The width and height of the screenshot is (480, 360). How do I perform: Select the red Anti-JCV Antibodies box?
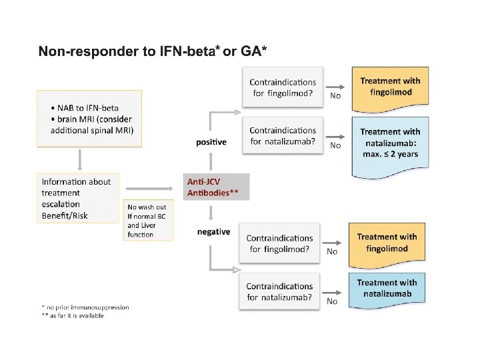(x=216, y=187)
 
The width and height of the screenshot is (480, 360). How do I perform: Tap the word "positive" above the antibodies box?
(x=211, y=142)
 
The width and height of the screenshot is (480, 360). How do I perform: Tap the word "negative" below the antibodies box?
(x=213, y=232)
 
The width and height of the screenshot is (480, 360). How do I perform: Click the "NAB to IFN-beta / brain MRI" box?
(x=88, y=119)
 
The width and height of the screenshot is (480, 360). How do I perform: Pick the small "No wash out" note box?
(x=148, y=219)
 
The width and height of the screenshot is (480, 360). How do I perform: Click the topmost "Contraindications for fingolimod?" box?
(x=283, y=88)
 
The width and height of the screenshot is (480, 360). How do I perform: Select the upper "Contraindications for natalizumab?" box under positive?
(x=283, y=135)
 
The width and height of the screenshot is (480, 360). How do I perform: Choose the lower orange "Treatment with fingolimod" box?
(x=387, y=243)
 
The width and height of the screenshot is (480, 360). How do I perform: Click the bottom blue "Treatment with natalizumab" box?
(x=387, y=289)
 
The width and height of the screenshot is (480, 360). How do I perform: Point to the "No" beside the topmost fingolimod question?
(x=335, y=96)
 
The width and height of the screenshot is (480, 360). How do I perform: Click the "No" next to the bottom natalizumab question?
(x=331, y=301)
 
